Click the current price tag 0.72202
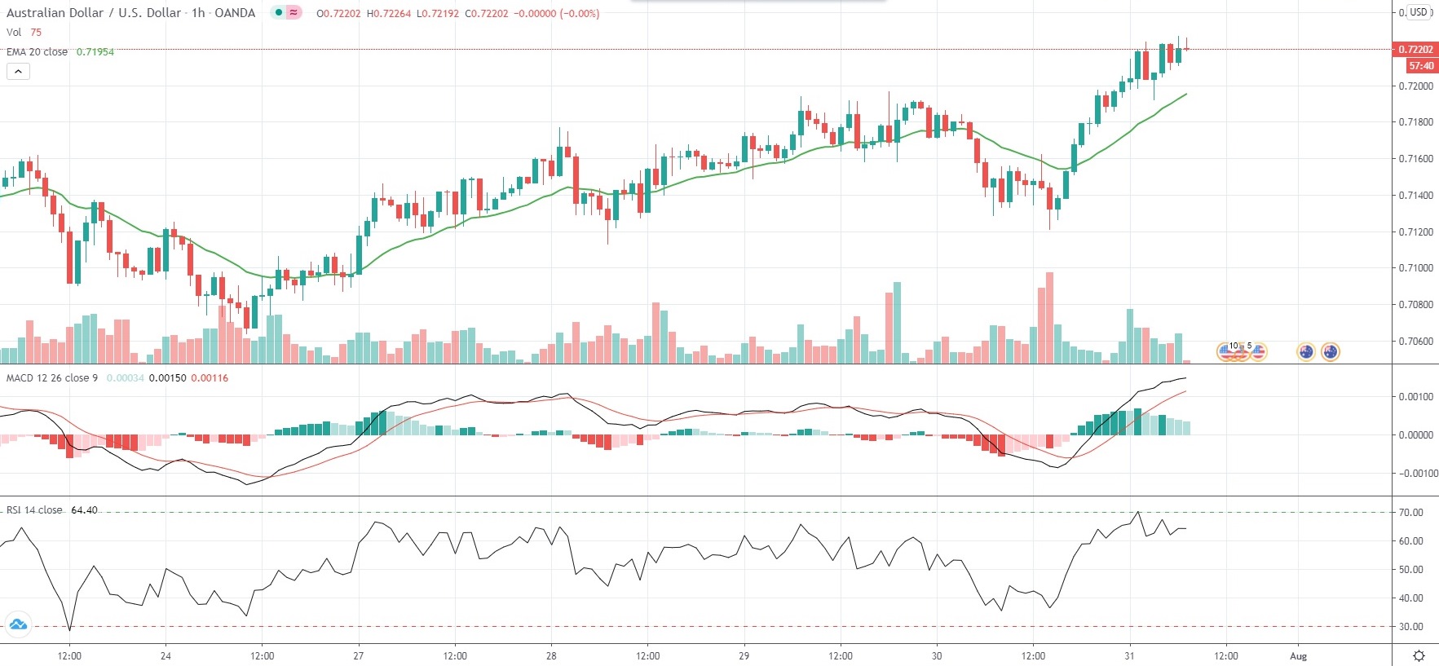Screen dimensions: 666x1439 coord(1415,50)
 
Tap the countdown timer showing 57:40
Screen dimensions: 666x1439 coord(1420,66)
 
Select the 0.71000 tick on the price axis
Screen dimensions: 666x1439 coord(1415,268)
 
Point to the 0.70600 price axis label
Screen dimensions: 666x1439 coord(1415,342)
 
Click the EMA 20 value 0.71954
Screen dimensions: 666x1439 coord(95,52)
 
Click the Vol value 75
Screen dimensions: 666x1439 coord(36,33)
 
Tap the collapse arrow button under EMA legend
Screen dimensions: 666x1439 coord(18,72)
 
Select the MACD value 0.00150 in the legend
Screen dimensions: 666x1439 coord(167,378)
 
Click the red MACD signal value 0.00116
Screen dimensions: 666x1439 coord(210,378)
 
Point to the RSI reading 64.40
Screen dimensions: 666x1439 coord(84,510)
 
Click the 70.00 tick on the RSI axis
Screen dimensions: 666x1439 coord(1410,513)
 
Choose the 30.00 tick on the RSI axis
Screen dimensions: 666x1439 coord(1410,627)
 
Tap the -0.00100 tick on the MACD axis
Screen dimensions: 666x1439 coord(1418,474)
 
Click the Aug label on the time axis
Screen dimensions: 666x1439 coord(1298,656)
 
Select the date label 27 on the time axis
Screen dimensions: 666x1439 coord(358,656)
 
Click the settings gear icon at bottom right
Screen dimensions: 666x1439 coord(1419,656)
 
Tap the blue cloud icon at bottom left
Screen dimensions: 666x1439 coord(17,625)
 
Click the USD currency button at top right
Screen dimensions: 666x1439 coord(1419,12)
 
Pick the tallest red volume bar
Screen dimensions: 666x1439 coord(1049,318)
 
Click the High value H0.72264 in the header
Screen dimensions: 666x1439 coord(389,14)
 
